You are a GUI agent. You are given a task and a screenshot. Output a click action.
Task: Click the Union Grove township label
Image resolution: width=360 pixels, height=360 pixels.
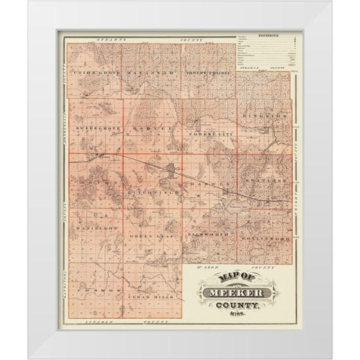tap(95, 72)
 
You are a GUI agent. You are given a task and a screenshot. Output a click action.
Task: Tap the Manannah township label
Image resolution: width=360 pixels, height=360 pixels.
tap(151, 73)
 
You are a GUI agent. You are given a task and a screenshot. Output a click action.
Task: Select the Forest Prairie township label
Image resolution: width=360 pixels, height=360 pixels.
tap(208, 73)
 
